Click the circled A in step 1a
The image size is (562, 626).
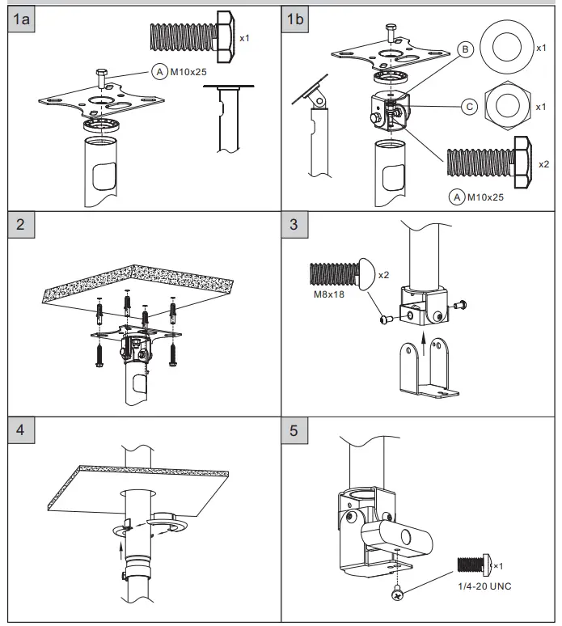point(158,72)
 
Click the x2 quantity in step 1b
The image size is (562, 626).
point(544,164)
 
